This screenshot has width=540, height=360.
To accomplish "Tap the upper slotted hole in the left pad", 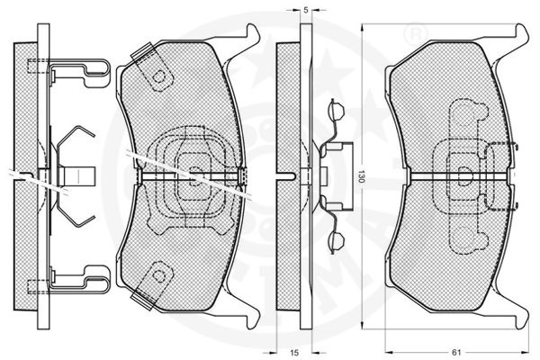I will (x=162, y=78).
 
